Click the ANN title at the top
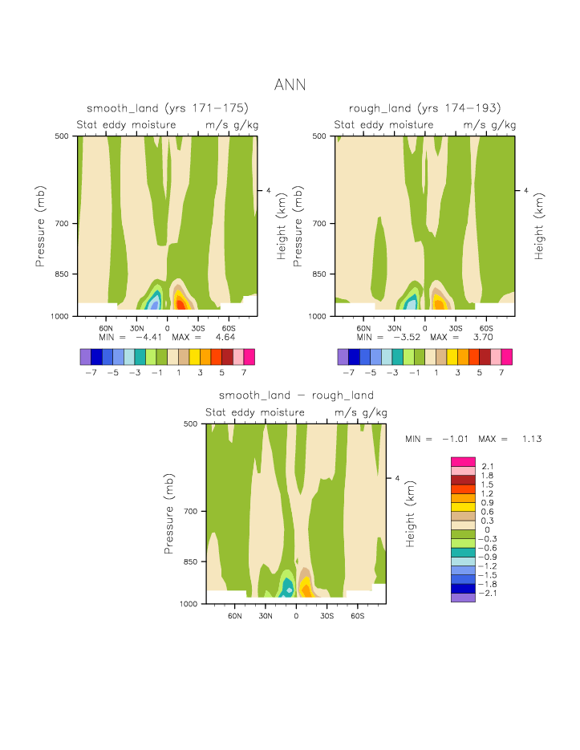coord(290,84)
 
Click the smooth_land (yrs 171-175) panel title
coord(167,108)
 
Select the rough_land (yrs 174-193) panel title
coord(424,108)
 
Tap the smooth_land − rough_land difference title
coord(296,395)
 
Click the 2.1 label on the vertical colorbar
coord(487,466)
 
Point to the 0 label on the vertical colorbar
coord(482,529)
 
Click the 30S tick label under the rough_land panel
coord(456,328)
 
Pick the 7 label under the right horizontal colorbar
coord(501,373)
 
